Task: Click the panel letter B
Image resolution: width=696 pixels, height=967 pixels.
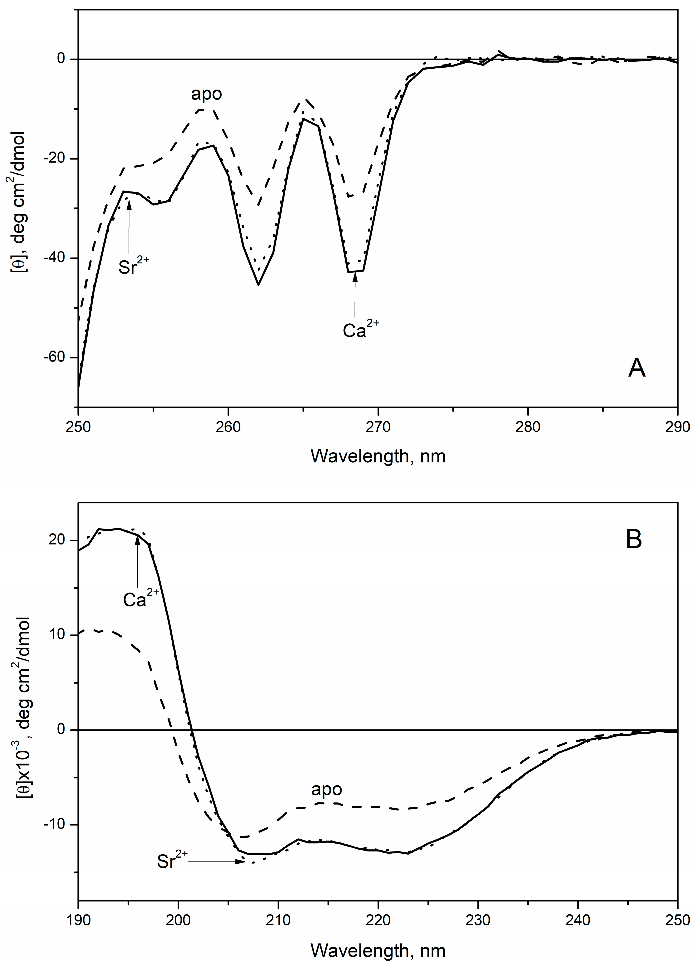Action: [634, 540]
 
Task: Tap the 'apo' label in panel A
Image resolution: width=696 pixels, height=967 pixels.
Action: [206, 94]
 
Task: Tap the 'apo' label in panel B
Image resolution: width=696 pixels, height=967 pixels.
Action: [327, 789]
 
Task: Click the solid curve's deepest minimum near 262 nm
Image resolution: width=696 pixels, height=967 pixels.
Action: [258, 284]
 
